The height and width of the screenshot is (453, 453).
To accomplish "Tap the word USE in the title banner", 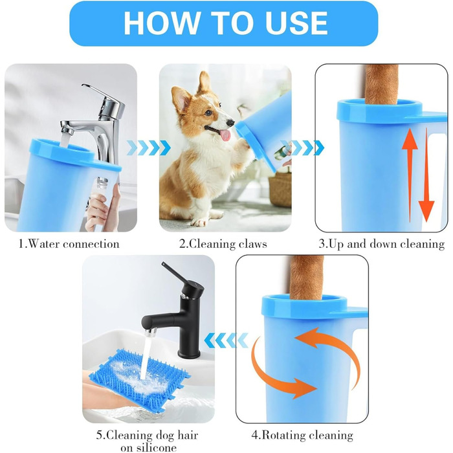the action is point(296,23).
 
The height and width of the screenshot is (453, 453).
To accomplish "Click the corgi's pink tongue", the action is point(225,135).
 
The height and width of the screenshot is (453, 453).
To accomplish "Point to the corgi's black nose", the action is point(230,123).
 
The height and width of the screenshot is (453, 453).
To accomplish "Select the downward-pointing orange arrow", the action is point(426,175).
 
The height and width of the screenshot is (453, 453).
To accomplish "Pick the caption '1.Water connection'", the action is point(69,244).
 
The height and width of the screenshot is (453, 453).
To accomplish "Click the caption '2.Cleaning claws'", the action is point(223,244).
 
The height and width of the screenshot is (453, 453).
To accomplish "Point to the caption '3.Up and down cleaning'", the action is point(382,244).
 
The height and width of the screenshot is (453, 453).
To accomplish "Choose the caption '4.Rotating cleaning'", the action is point(302,435).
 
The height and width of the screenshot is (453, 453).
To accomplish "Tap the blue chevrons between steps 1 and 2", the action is point(148,148).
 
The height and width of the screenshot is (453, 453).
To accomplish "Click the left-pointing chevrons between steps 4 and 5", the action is point(226,340).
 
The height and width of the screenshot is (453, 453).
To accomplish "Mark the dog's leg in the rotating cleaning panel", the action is point(307,278).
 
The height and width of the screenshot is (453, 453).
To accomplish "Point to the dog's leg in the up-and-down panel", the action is point(381,83).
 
